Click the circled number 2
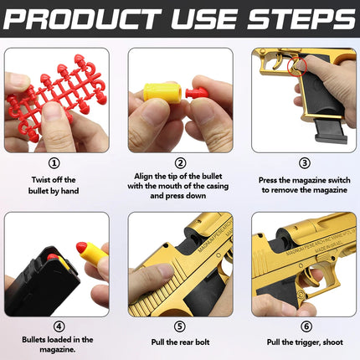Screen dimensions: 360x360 click(180, 164)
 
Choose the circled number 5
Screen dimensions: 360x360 click(180, 326)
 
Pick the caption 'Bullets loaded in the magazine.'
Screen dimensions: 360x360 click(56, 346)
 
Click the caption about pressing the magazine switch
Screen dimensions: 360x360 click(304, 185)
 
